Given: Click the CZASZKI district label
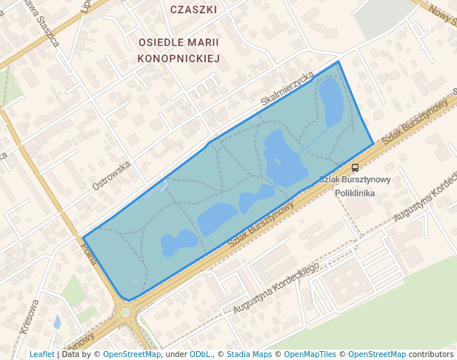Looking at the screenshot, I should coord(193,10).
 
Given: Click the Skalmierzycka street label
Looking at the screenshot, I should coord(287,89).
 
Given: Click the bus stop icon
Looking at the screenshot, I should coord(356,167).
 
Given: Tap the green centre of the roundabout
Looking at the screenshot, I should coord(125,313).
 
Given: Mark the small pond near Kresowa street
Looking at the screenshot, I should coord(57,322).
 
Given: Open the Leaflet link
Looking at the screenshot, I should coord(41,354).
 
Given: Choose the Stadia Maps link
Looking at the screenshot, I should coord(249,354).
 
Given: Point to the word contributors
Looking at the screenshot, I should coord(431,354).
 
